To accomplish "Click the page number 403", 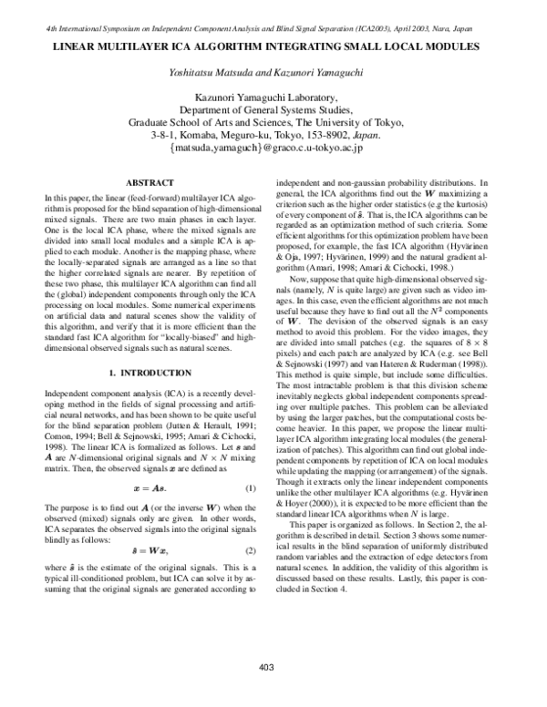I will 266,668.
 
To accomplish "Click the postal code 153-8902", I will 321,133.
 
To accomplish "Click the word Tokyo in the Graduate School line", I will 388,120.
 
